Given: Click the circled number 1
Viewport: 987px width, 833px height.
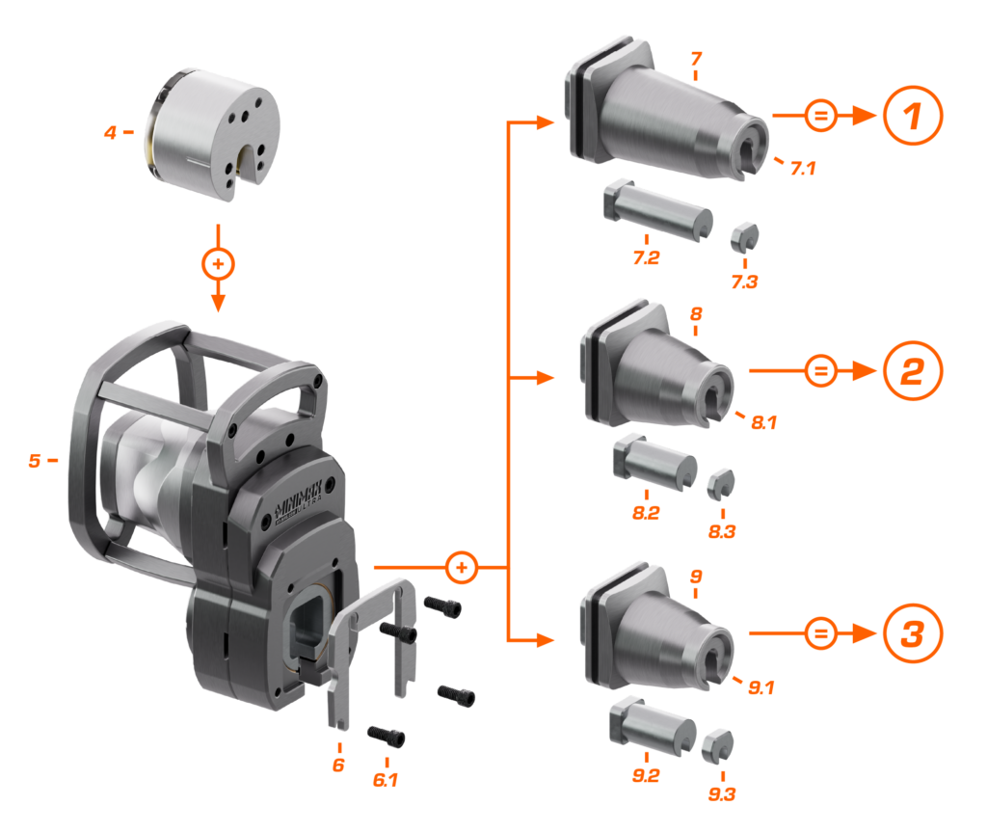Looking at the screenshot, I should tap(911, 117).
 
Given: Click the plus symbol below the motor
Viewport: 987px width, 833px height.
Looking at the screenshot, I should tap(218, 262).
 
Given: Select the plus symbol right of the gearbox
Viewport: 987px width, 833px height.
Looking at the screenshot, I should tap(464, 567).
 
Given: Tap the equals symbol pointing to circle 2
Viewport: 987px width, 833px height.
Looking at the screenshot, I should tap(819, 371).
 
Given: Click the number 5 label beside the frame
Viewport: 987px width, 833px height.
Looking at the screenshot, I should tap(35, 461).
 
